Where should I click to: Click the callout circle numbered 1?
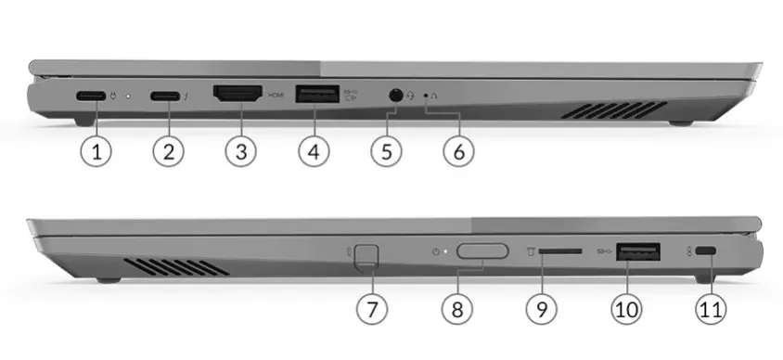click(x=96, y=151)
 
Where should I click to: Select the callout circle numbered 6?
click(x=458, y=151)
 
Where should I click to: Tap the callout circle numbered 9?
click(x=542, y=309)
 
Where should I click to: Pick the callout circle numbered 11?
click(x=711, y=309)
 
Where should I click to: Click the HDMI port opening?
click(x=237, y=94)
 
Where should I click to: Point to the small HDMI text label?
click(x=276, y=95)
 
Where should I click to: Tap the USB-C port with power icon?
click(x=91, y=96)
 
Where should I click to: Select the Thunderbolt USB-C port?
click(x=165, y=96)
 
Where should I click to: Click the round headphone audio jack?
click(x=395, y=95)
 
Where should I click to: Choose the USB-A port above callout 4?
click(x=317, y=94)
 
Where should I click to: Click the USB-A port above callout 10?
click(x=638, y=251)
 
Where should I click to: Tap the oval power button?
click(x=482, y=251)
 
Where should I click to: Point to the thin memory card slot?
click(x=560, y=251)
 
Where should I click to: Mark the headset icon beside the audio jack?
click(x=410, y=95)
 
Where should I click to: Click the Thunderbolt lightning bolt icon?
click(x=186, y=95)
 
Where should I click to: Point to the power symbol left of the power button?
click(x=435, y=251)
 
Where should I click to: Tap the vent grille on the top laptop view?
click(x=614, y=109)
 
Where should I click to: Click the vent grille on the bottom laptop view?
click(x=176, y=267)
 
